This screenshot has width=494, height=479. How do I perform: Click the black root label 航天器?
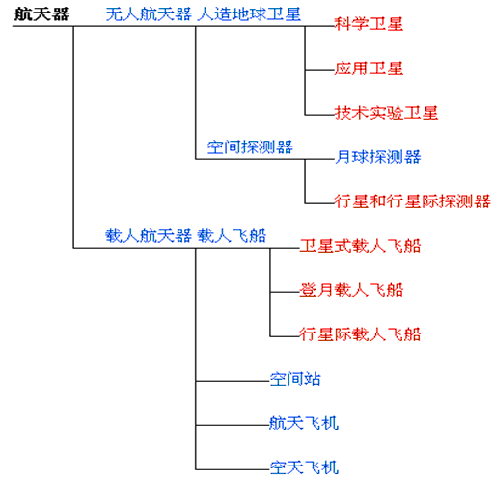pos(41,14)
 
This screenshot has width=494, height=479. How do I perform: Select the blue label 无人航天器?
pos(149,14)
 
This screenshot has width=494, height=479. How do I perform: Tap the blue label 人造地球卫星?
pos(249,14)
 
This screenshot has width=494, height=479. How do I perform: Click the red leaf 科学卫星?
pos(369,24)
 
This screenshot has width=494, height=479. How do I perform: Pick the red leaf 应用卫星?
pos(369,68)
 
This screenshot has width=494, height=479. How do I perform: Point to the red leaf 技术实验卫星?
pos(386,113)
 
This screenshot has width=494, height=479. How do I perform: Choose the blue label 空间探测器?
pos(250,147)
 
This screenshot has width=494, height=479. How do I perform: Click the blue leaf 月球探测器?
pos(377,157)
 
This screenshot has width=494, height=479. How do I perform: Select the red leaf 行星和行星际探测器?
pos(412,201)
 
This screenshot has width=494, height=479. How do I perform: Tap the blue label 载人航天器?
pos(149,236)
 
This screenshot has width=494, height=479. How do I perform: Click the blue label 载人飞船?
pos(232,236)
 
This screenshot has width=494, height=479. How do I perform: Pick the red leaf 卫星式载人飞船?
pos(360,246)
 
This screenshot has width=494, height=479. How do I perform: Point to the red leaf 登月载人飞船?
pos(351,290)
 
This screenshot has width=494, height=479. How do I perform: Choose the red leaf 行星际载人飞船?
pos(360,334)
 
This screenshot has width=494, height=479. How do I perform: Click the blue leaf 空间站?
pos(295,379)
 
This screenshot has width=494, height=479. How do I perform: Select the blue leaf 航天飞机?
pos(304,423)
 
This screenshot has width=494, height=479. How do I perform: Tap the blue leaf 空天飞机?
pos(304,467)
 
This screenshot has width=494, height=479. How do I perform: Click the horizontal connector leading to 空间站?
pos(233,381)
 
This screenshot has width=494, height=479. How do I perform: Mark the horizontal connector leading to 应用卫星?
pos(319,70)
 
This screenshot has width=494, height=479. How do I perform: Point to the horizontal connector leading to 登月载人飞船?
pos(285,292)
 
